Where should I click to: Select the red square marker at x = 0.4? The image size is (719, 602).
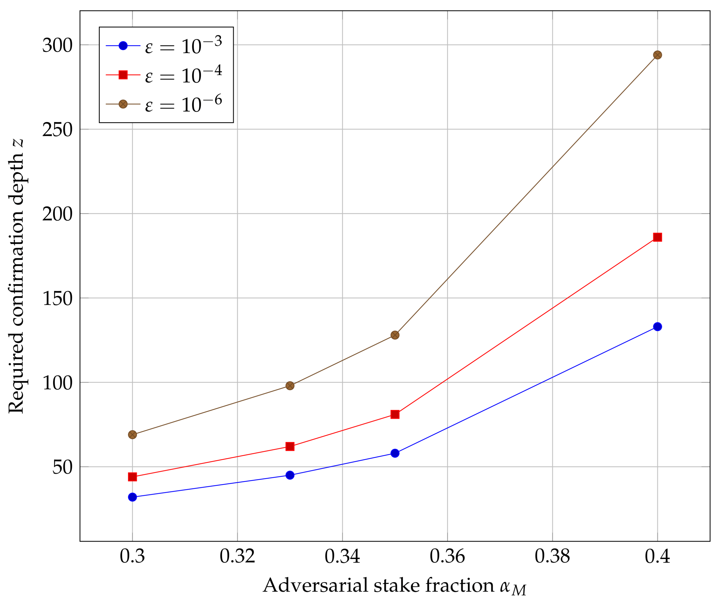[657, 237]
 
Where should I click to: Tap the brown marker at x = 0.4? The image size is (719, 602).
[657, 55]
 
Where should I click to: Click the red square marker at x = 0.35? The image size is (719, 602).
[395, 414]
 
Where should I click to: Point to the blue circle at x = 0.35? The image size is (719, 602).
[395, 453]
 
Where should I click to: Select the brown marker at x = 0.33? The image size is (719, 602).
[290, 386]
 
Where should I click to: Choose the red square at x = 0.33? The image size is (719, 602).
[290, 446]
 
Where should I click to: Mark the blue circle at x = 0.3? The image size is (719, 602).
[132, 497]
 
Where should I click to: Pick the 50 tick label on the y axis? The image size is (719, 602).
[62, 467]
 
